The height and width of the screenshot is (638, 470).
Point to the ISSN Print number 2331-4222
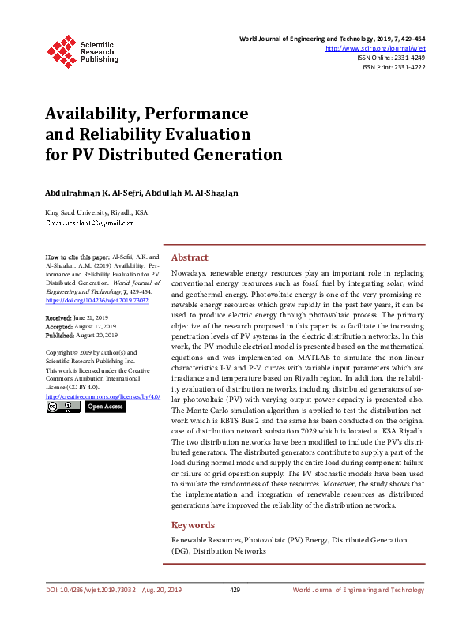coord(408,67)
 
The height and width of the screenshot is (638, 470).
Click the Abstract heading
coord(190,257)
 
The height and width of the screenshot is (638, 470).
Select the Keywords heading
coord(193,524)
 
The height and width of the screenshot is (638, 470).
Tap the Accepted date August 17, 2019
coord(97,325)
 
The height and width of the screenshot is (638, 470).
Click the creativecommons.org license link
coord(103,396)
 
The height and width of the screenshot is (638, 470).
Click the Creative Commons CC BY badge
coord(63,407)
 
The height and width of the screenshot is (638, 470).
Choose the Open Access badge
coord(104,407)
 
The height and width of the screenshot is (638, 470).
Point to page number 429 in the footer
coord(235,590)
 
